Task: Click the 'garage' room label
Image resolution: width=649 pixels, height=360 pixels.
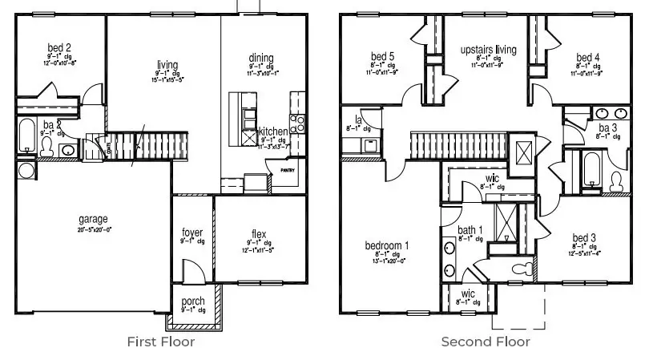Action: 93,219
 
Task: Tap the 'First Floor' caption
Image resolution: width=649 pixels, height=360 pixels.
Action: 160,342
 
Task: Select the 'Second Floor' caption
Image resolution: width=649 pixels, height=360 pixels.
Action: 486,342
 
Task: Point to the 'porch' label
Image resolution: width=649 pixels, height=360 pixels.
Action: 193,301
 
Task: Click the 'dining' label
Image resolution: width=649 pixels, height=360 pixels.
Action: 261,58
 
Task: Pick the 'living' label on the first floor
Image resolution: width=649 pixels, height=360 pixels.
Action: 167,65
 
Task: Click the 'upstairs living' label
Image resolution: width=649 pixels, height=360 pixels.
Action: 488,50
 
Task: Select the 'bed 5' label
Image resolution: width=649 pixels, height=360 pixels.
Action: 382,56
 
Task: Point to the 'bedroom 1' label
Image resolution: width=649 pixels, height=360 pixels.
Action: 388,245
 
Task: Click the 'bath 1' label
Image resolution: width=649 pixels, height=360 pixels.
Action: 470,231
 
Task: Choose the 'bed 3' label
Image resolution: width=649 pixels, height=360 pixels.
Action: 584,237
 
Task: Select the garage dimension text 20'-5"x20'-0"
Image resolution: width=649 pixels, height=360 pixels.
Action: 94,229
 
